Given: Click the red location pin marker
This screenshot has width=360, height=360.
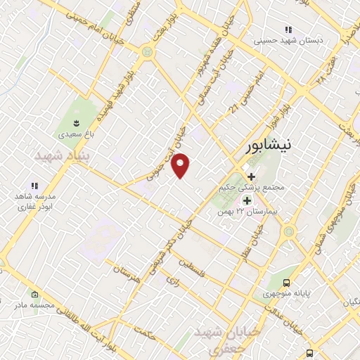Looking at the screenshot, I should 181,166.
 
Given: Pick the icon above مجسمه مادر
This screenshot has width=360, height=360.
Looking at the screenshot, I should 32,293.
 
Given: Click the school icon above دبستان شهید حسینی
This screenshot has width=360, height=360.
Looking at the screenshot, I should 288,30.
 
